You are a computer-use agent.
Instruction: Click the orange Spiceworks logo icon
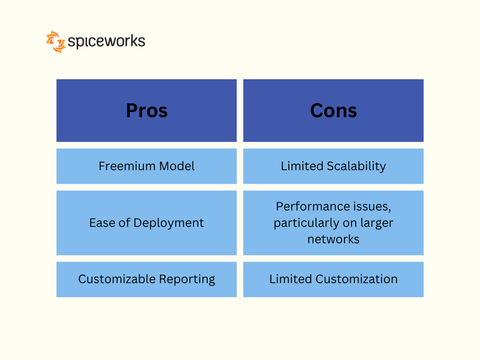point(56,42)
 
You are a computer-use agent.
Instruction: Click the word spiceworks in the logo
point(106,41)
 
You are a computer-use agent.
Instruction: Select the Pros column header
point(147,111)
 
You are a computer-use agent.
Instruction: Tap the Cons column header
point(333,111)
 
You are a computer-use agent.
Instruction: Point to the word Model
point(177,166)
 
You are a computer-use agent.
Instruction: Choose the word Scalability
point(356,166)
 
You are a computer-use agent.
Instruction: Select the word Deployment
point(169,223)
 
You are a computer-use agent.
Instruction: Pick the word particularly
point(307,223)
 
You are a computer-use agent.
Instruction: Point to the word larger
point(377,223)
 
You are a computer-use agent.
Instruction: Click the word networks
point(333,240)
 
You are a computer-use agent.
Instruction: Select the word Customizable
point(117,279)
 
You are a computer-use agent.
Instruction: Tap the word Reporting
point(187,279)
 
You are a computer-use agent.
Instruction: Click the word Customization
point(357,279)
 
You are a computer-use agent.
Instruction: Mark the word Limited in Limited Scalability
point(302,166)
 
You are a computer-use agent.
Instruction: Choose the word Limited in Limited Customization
point(291,279)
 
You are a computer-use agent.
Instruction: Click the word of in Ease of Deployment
point(125,223)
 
